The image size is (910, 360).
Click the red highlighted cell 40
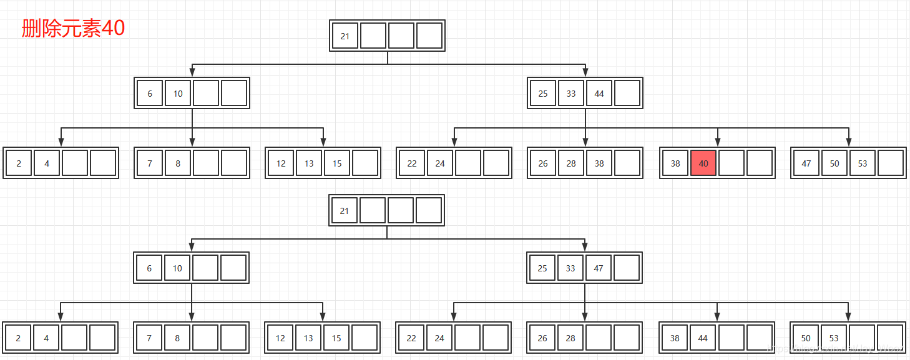pyautogui.click(x=703, y=163)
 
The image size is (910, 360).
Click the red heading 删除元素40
pyautogui.click(x=73, y=28)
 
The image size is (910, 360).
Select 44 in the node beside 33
pyautogui.click(x=599, y=94)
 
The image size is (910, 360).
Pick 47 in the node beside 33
pyautogui.click(x=599, y=268)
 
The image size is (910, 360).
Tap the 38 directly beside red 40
pyautogui.click(x=675, y=163)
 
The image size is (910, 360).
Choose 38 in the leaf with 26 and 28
pyautogui.click(x=599, y=163)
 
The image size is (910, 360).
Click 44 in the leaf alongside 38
pyautogui.click(x=703, y=338)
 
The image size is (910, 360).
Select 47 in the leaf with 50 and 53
pyautogui.click(x=806, y=163)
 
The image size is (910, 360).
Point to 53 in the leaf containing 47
pyautogui.click(x=863, y=163)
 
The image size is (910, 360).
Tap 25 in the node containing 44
pyautogui.click(x=543, y=94)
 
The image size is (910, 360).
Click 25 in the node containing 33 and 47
pyautogui.click(x=542, y=268)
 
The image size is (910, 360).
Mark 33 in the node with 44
pyautogui.click(x=571, y=94)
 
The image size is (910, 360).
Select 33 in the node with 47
pyautogui.click(x=570, y=268)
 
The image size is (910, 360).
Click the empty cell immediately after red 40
pyautogui.click(x=731, y=163)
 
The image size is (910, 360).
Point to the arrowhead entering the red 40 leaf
pyautogui.click(x=718, y=143)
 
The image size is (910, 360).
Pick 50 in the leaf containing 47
pyautogui.click(x=834, y=163)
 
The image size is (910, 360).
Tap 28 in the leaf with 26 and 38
pyautogui.click(x=571, y=163)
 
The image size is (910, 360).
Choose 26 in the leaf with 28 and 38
pyautogui.click(x=543, y=163)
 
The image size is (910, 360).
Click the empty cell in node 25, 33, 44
pyautogui.click(x=627, y=94)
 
